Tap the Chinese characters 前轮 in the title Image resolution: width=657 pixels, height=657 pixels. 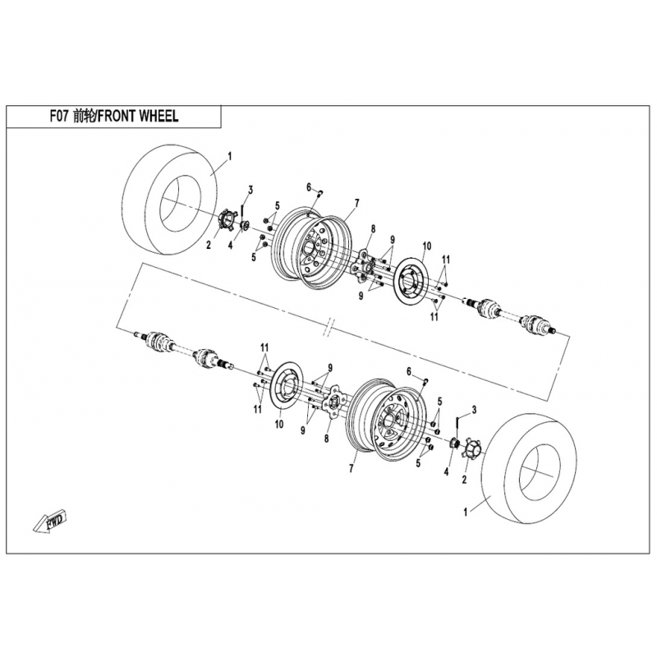[x=84, y=117]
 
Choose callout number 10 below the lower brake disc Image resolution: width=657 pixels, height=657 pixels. [x=278, y=424]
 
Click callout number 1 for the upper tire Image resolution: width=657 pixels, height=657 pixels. [x=230, y=155]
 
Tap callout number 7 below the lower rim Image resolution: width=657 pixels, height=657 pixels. [x=351, y=467]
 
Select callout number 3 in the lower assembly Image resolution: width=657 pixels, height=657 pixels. [x=474, y=409]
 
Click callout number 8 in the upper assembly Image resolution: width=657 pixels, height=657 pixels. [x=372, y=228]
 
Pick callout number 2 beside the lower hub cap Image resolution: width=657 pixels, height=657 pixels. [x=465, y=479]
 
